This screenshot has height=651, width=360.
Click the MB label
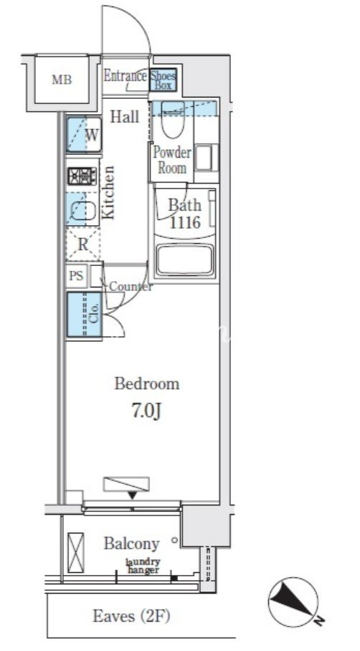pyautogui.click(x=62, y=80)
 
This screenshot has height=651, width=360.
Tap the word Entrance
pyautogui.click(x=125, y=76)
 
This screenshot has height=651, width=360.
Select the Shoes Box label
pyautogui.click(x=164, y=80)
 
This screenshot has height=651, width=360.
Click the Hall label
pyautogui.click(x=124, y=117)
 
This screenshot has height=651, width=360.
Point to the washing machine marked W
pyautogui.click(x=84, y=134)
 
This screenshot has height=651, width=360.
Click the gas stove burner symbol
pyautogui.click(x=82, y=176)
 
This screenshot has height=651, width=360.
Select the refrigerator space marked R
pyautogui.click(x=83, y=244)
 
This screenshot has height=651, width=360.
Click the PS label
pyautogui.click(x=76, y=276)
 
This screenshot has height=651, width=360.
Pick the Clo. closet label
pyautogui.click(x=95, y=314)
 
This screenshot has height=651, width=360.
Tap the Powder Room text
pyautogui.click(x=172, y=161)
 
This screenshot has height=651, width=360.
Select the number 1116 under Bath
pyautogui.click(x=185, y=223)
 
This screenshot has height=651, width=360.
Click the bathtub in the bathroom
pyautogui.click(x=185, y=260)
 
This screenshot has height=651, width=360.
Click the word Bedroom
pyautogui.click(x=147, y=384)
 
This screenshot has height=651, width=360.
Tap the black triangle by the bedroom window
pyautogui.click(x=132, y=495)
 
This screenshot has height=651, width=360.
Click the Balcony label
pyautogui.click(x=132, y=543)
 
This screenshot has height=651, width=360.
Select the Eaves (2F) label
pyautogui.click(x=131, y=616)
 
